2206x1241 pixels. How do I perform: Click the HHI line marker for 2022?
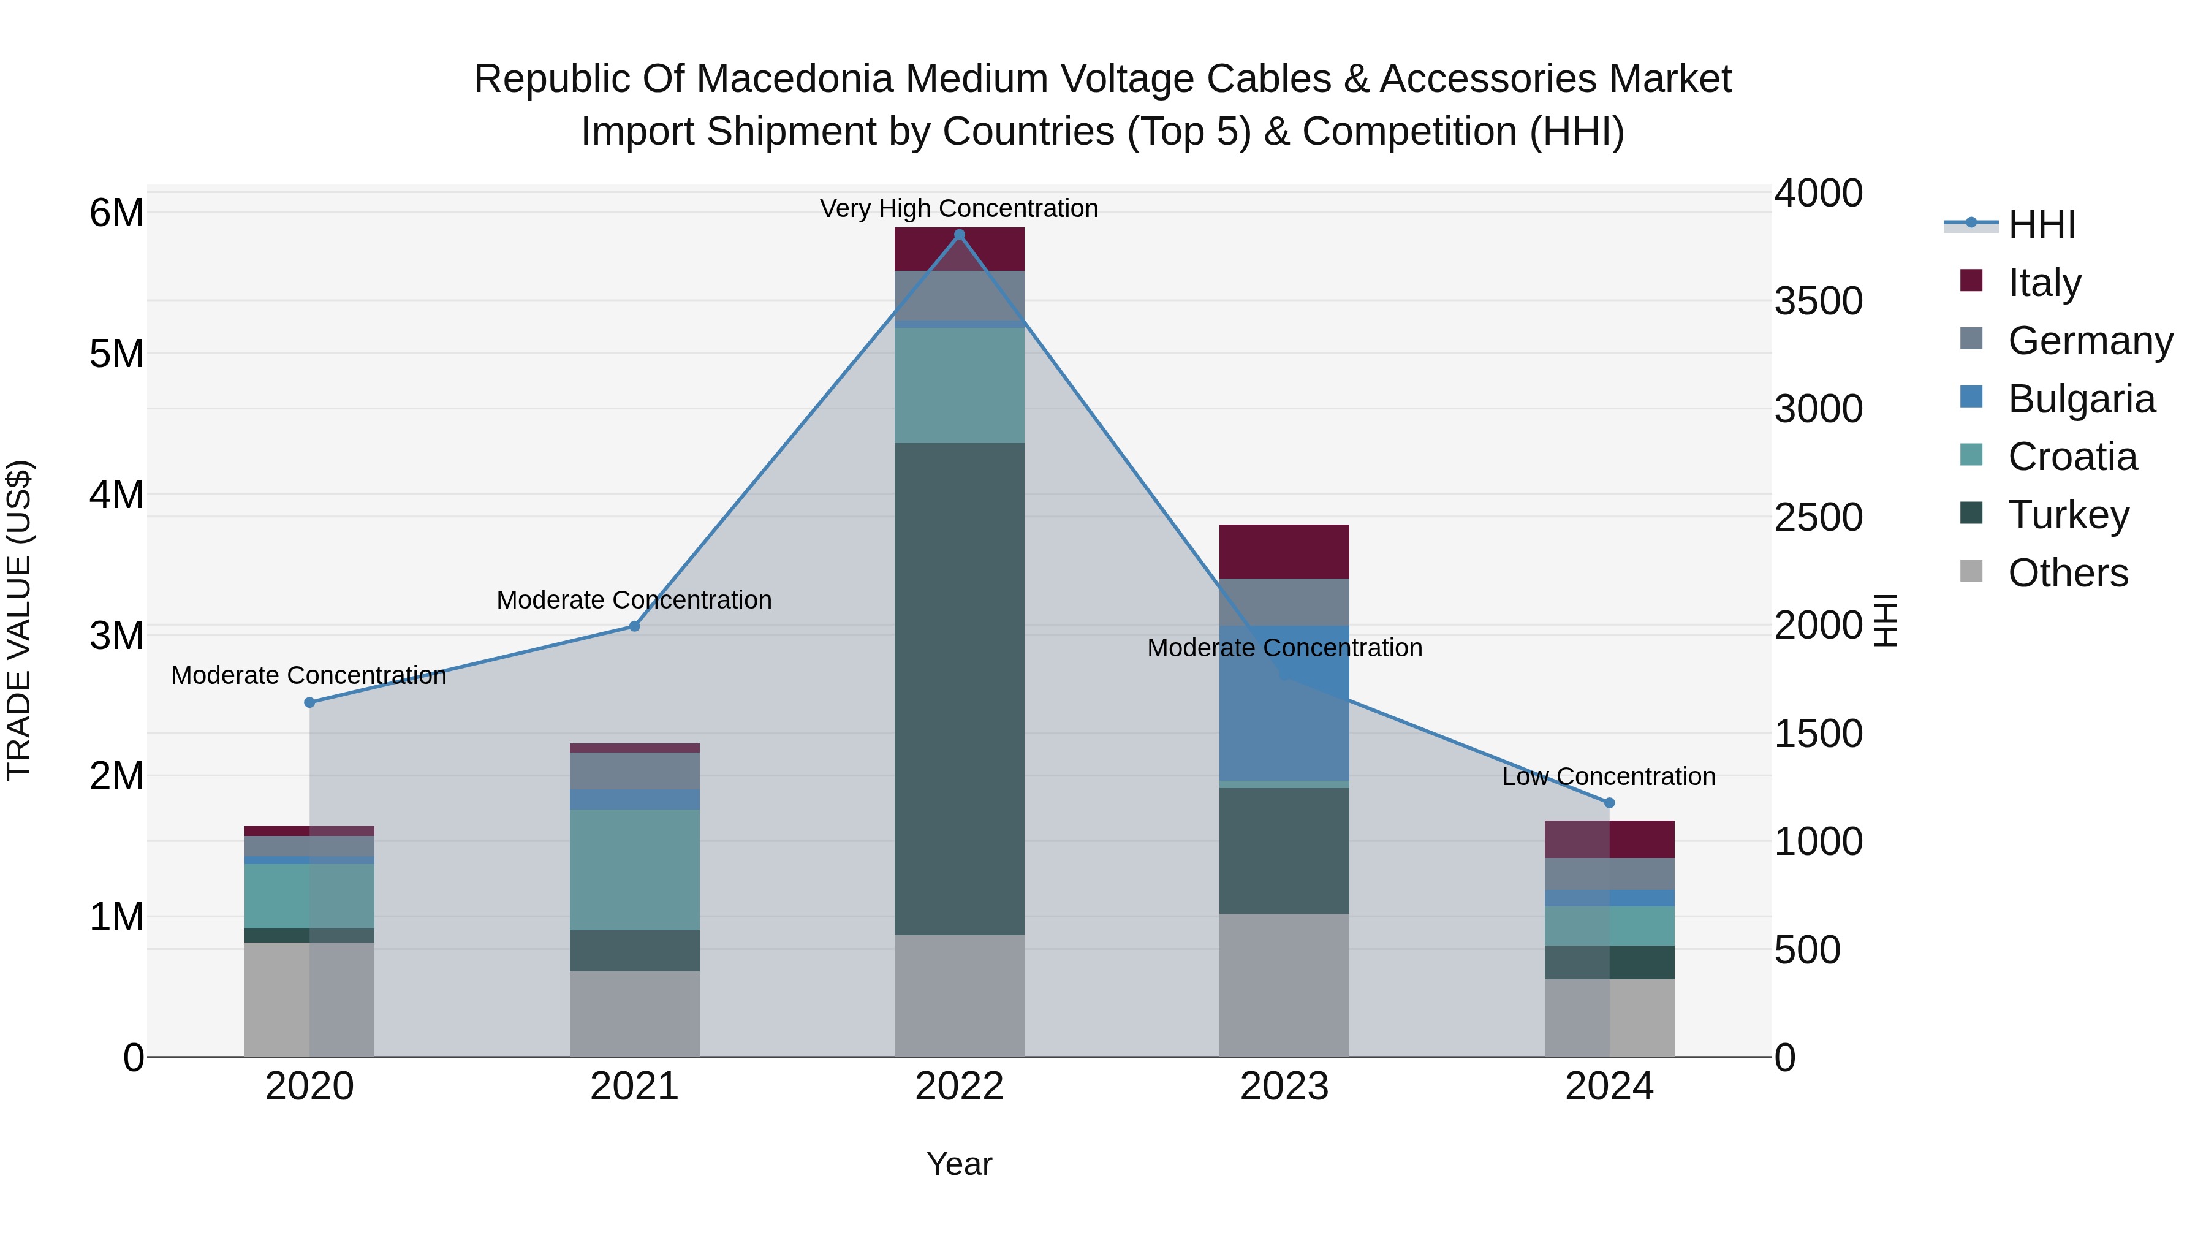(x=959, y=235)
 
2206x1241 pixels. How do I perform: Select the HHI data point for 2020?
(x=310, y=702)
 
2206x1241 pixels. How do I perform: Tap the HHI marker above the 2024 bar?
(x=1609, y=802)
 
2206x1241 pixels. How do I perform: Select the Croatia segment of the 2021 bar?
(x=635, y=868)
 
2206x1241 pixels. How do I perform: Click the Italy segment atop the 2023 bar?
(x=1284, y=551)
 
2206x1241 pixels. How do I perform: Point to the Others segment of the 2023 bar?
(x=1284, y=984)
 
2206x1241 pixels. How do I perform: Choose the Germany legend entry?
(x=2090, y=341)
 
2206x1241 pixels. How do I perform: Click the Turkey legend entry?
(x=2068, y=515)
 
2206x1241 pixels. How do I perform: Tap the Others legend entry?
(x=2068, y=573)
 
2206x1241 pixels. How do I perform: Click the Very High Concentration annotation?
(x=959, y=208)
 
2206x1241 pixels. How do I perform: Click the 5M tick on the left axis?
(x=116, y=354)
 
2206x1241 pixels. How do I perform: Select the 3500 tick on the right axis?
(x=1817, y=301)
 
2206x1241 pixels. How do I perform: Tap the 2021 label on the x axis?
(x=635, y=1087)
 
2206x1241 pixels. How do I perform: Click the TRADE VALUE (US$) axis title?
(x=20, y=620)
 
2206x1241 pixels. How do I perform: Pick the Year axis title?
(x=959, y=1164)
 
